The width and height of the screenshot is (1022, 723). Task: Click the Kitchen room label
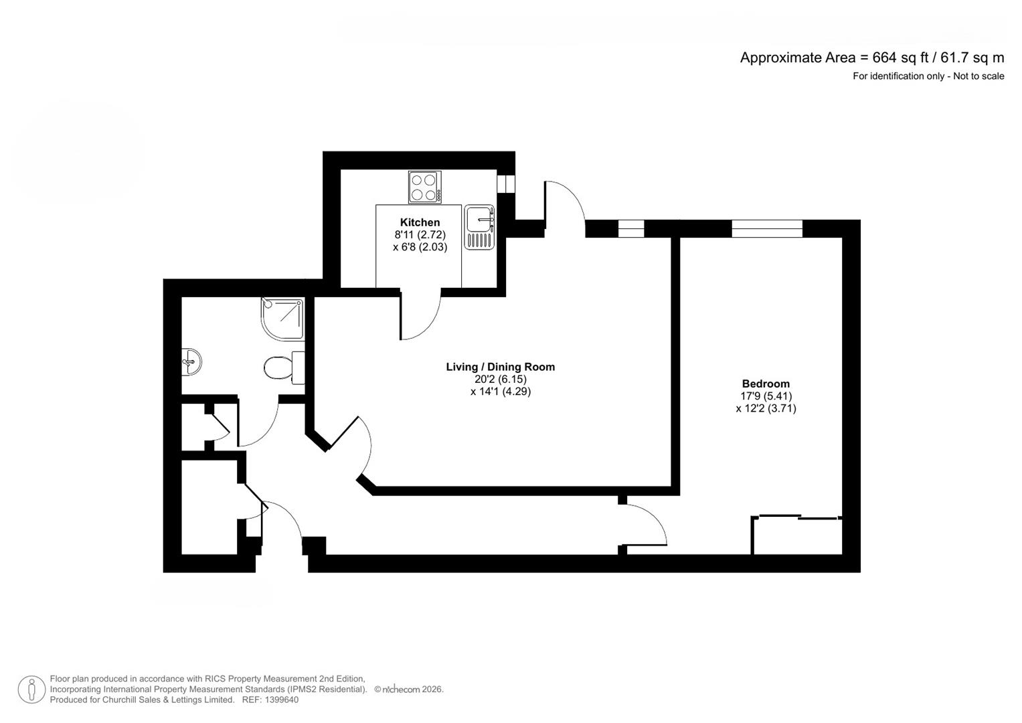(420, 222)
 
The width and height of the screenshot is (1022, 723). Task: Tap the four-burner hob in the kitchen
(425, 187)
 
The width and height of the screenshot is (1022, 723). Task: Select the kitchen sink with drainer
(479, 228)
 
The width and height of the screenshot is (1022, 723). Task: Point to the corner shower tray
(282, 319)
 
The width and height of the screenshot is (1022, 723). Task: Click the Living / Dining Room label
(500, 367)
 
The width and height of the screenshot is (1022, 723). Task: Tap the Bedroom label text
(766, 384)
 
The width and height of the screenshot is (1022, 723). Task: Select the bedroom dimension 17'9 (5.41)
(766, 396)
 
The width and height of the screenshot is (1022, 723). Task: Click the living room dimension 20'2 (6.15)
(500, 379)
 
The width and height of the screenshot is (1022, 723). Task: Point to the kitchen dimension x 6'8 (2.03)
(420, 246)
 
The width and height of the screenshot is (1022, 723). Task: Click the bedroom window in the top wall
(766, 229)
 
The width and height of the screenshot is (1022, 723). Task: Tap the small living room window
(630, 229)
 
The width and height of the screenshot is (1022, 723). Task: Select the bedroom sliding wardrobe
(796, 535)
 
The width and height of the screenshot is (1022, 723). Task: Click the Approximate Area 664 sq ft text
(871, 58)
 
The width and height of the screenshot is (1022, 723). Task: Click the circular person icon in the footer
(31, 690)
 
